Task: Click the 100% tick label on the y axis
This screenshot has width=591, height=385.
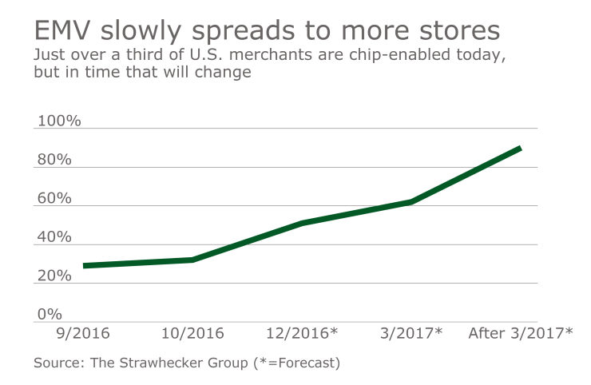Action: [x=59, y=121]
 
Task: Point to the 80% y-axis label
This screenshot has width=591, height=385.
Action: [x=54, y=160]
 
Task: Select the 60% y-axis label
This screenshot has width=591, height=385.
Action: [x=54, y=199]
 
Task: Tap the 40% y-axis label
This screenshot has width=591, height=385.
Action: [x=54, y=237]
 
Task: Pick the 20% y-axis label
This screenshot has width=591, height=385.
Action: [x=54, y=276]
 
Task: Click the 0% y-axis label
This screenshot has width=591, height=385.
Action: [x=50, y=315]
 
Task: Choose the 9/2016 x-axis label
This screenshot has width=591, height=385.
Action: [x=84, y=333]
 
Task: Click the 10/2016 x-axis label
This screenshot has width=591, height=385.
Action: [x=192, y=333]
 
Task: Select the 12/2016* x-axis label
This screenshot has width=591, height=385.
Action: [x=302, y=333]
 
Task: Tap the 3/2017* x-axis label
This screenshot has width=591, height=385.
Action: [x=411, y=333]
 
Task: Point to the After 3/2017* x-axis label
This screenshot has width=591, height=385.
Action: [x=520, y=333]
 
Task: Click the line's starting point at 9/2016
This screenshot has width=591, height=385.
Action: [x=84, y=266]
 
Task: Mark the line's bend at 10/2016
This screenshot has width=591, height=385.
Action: [x=192, y=260]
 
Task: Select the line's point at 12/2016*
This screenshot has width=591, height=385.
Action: [x=302, y=223]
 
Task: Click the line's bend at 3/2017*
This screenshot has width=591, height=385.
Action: [x=411, y=201]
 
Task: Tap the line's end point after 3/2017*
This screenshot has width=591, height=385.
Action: [x=520, y=148]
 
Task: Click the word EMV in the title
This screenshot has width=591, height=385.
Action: [x=62, y=31]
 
